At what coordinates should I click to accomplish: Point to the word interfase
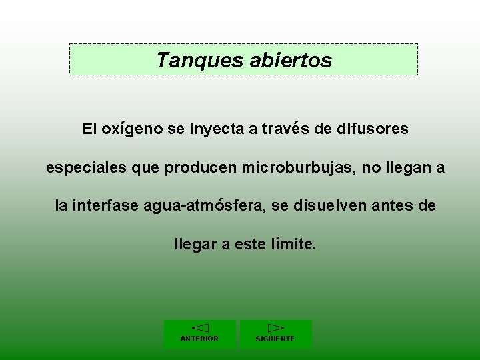tap(105, 207)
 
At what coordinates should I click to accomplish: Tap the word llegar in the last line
tap(195, 245)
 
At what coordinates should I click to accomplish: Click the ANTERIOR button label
tap(199, 339)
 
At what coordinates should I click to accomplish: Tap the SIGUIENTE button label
tap(275, 339)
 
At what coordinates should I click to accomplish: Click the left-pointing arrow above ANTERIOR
tap(200, 328)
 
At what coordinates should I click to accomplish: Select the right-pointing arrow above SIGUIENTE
tap(275, 328)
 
